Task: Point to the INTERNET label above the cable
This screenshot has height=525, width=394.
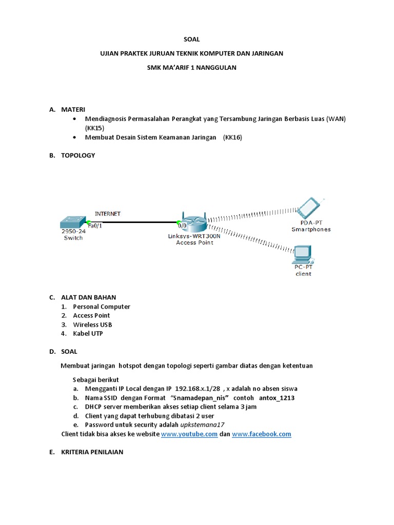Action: tap(108, 213)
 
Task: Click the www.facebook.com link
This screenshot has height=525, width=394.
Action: tap(262, 434)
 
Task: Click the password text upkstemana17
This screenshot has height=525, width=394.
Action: tap(202, 425)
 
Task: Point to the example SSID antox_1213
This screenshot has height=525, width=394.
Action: tap(277, 398)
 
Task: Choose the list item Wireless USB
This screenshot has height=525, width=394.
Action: tap(92, 325)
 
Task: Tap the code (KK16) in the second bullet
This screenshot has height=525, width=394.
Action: tap(232, 137)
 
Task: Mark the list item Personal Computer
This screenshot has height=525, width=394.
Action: tap(102, 307)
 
